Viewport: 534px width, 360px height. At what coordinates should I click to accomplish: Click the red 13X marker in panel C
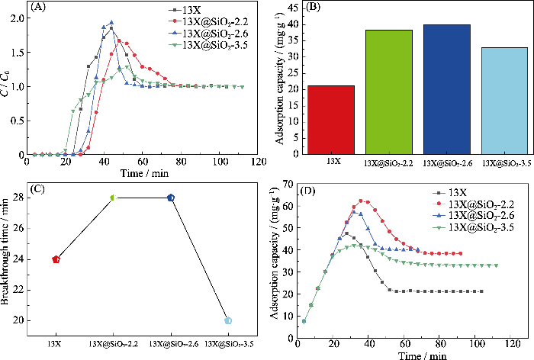56,259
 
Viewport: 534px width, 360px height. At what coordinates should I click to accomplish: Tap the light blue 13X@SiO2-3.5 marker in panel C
228,321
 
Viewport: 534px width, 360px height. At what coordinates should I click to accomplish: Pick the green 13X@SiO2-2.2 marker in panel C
113,198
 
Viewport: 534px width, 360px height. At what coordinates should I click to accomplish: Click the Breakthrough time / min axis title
6,259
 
